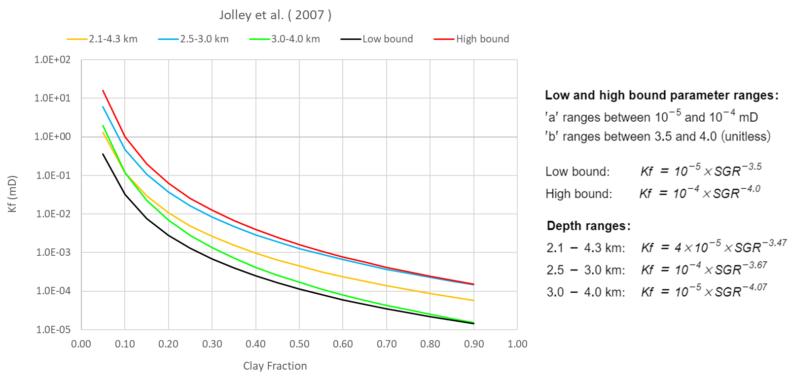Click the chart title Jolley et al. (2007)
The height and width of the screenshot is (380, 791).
point(275,15)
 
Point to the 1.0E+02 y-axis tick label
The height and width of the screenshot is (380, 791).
point(52,60)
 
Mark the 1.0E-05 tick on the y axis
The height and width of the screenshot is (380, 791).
point(52,329)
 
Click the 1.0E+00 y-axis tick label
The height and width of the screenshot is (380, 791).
point(52,137)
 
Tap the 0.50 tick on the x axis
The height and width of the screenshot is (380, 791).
point(299,344)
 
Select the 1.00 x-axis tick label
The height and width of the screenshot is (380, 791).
point(517,344)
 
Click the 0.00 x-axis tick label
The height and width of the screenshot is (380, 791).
point(81,344)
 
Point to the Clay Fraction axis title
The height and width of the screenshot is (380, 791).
point(275,366)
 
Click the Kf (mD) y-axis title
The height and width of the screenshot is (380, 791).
point(12,194)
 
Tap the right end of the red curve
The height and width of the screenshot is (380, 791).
point(474,284)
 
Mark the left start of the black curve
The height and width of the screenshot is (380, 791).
point(103,154)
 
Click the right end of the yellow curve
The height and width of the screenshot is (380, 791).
point(474,300)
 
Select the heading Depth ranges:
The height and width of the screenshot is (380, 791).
point(588,226)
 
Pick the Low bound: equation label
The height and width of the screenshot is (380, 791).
point(577,172)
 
